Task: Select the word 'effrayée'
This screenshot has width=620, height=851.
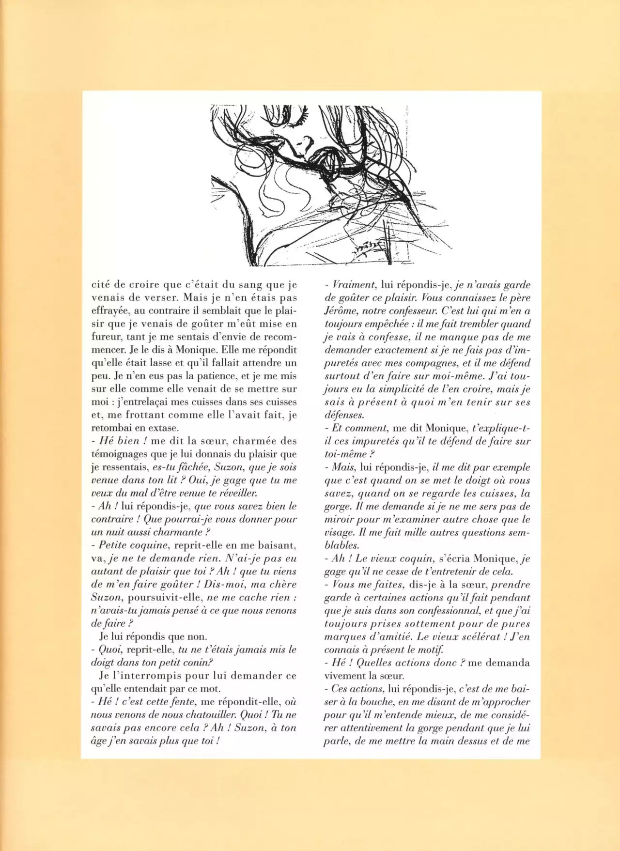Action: pos(111,311)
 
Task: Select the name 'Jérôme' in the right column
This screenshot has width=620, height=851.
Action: pos(341,311)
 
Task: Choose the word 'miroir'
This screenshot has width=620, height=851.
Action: pos(339,520)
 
